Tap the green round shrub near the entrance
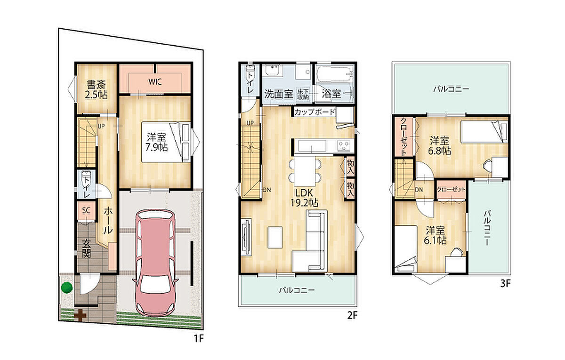pyautogui.click(x=67, y=288)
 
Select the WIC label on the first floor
pyautogui.click(x=155, y=82)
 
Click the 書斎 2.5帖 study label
pyautogui.click(x=96, y=89)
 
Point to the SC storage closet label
pyautogui.click(x=86, y=210)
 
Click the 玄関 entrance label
pyautogui.click(x=87, y=249)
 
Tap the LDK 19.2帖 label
pyautogui.click(x=304, y=198)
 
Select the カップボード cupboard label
pyautogui.click(x=315, y=112)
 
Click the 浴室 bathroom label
pyautogui.click(x=331, y=94)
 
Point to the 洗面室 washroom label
pyautogui.click(x=278, y=94)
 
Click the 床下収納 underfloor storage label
pyautogui.click(x=303, y=94)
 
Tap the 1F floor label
pyautogui.click(x=199, y=338)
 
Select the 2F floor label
pyautogui.click(x=352, y=315)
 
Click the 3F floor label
pyautogui.click(x=505, y=284)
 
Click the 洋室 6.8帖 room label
pyautogui.click(x=439, y=145)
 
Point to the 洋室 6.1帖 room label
pyautogui.click(x=436, y=235)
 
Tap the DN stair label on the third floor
pyautogui.click(x=419, y=190)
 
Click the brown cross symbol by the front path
pyautogui.click(x=80, y=315)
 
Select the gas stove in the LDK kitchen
pyautogui.click(x=344, y=145)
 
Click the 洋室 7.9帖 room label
pyautogui.click(x=156, y=142)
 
